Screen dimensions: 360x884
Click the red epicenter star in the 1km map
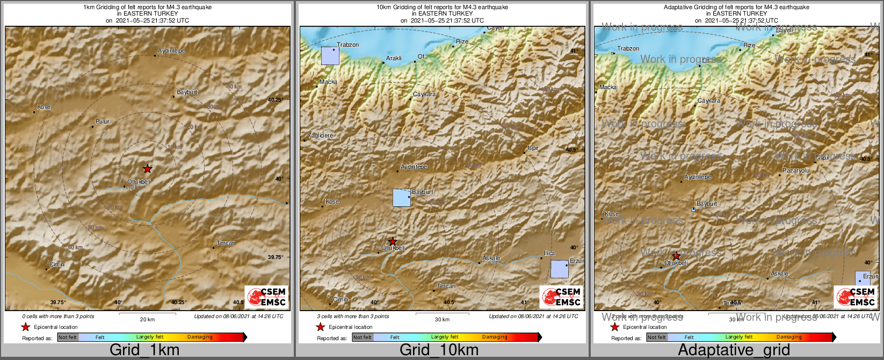148,169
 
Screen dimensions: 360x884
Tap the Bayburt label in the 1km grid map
187,92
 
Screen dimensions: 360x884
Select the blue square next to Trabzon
330,56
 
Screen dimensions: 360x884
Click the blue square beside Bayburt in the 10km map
402,198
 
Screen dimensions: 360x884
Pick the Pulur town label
102,122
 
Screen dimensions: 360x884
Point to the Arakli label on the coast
394,59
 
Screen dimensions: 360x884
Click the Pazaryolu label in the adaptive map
796,170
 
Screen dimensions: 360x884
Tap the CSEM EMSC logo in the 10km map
561,297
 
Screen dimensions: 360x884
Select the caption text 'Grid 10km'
439,350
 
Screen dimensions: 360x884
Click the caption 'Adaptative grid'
734,350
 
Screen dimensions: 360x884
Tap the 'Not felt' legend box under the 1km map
68,337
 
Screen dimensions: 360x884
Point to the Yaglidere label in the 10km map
320,136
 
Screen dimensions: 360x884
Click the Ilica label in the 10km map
549,253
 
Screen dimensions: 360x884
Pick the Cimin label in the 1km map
57,264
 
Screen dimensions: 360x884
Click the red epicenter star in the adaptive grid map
676,256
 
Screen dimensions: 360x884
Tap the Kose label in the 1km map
44,107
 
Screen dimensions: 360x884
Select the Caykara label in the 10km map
424,95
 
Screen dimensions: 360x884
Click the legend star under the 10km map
321,327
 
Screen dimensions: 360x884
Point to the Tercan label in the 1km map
226,243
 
